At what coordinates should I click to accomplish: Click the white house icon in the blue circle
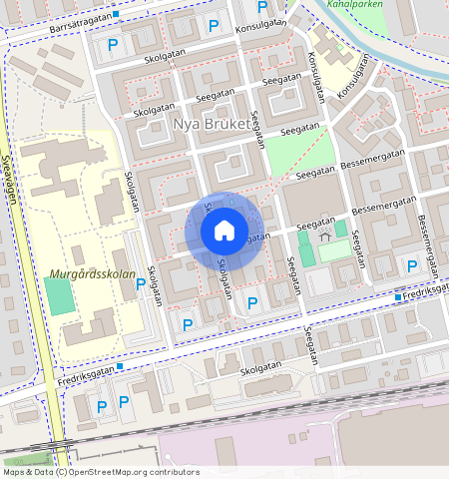pos(224,231)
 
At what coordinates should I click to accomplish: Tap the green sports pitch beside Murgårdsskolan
pos(59,296)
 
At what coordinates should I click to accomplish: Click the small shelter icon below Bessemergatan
pos(325,236)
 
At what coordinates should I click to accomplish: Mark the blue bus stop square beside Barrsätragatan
pos(117,15)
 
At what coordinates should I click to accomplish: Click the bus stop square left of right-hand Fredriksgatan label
pos(398,297)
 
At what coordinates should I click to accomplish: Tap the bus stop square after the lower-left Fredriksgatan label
pos(121,366)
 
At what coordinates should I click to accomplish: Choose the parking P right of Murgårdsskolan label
pos(141,284)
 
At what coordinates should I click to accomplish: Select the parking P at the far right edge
pos(412,265)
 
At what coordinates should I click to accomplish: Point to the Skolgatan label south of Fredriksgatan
pos(261,368)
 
